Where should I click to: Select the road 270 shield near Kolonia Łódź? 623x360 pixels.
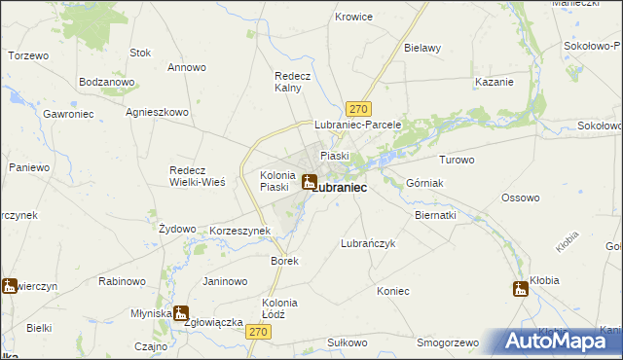[258, 333]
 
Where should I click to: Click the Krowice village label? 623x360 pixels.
[354, 17]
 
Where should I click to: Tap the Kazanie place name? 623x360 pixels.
[494, 82]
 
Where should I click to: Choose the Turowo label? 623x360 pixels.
[457, 160]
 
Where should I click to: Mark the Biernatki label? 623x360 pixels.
[435, 214]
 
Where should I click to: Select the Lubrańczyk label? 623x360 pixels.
[368, 243]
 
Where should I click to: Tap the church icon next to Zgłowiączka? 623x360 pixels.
[181, 313]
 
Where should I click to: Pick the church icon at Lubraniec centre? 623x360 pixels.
[309, 181]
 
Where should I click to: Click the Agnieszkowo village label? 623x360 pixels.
[157, 112]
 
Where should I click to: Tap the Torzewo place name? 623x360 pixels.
[28, 55]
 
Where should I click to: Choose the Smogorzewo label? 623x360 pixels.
[448, 342]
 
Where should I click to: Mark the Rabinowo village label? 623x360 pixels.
[122, 281]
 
